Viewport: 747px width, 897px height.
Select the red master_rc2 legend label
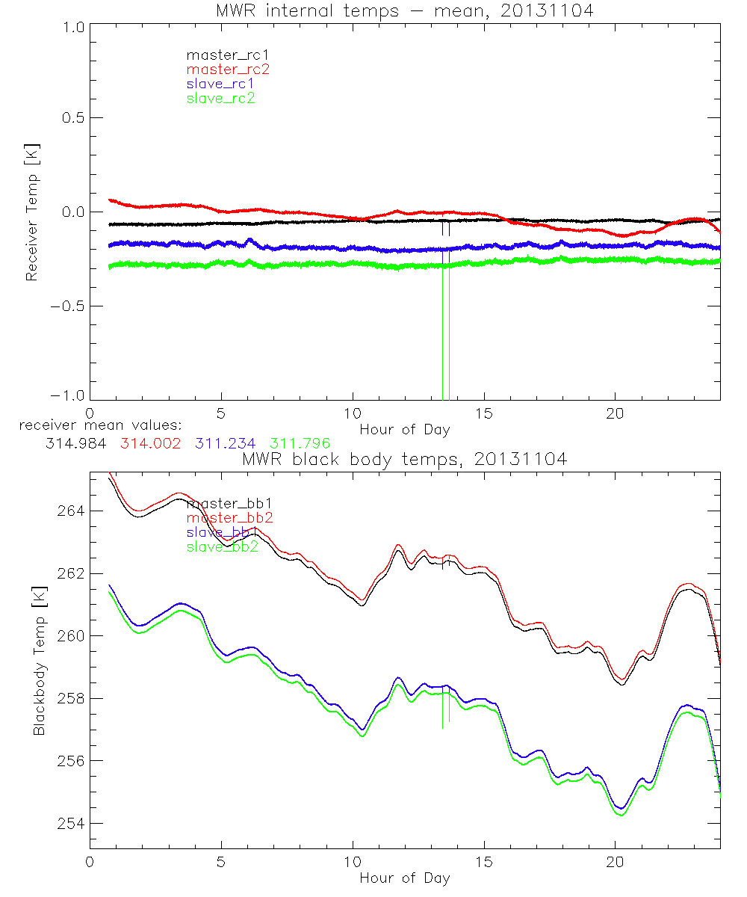click(x=228, y=70)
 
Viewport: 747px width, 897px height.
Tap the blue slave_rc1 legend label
click(x=220, y=84)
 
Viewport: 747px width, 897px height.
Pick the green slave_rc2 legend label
click(x=220, y=98)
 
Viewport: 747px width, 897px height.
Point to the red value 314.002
click(x=149, y=443)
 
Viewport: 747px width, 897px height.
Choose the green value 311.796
click(x=301, y=443)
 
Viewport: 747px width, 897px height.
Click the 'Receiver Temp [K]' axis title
click(x=31, y=212)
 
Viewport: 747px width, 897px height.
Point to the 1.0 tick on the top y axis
click(x=72, y=26)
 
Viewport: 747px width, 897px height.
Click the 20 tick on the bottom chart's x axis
click(x=615, y=861)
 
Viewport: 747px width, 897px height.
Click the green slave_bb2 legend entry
click(x=223, y=546)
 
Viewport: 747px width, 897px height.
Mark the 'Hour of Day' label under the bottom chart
click(x=404, y=878)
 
